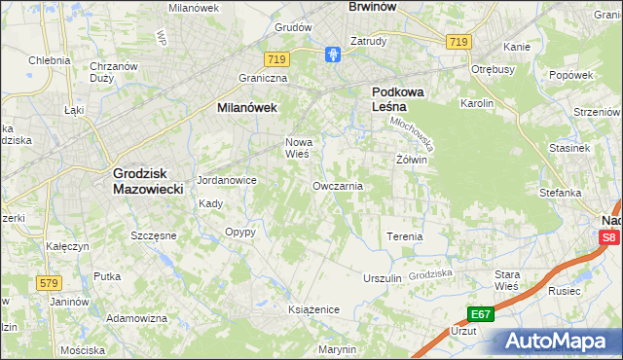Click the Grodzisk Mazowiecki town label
point(148,180)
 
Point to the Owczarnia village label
point(338,185)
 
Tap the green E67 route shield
point(480,314)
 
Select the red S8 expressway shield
point(608,237)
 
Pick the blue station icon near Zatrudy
point(334,54)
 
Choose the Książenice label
point(312,308)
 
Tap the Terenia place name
point(405,236)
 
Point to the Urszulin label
point(382,278)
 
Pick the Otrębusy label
point(492,70)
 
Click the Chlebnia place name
point(49,60)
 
